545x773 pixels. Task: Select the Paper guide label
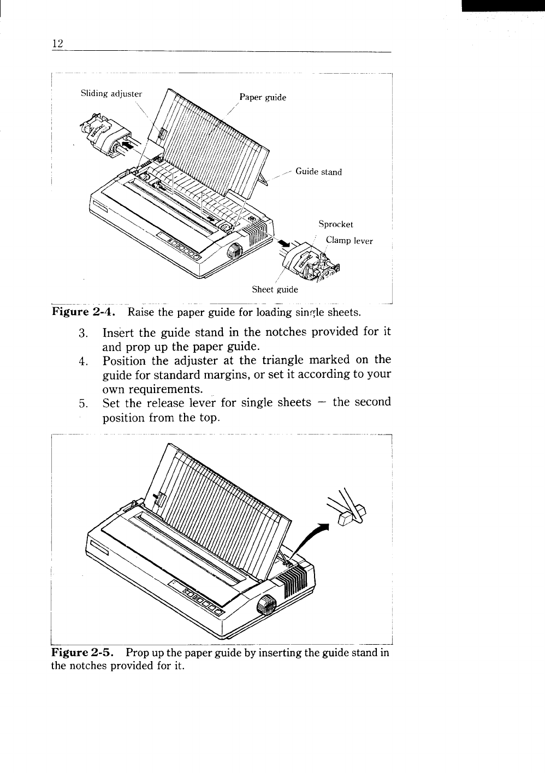pyautogui.click(x=262, y=98)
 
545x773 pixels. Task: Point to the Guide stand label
pyautogui.click(x=318, y=172)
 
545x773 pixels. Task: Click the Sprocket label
pyautogui.click(x=336, y=224)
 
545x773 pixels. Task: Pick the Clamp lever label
pyautogui.click(x=349, y=241)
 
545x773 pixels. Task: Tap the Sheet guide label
pyautogui.click(x=275, y=289)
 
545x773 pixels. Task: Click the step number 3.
pyautogui.click(x=83, y=333)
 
